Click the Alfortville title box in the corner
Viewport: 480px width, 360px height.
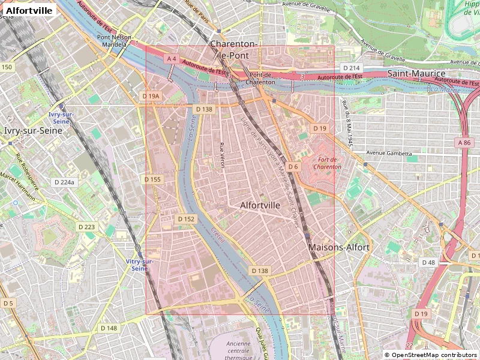coord(30,10)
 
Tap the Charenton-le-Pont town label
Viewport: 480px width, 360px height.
coord(234,50)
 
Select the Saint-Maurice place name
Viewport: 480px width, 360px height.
coord(416,73)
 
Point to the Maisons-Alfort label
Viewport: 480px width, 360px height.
coord(338,247)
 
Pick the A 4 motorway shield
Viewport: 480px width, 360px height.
coord(172,58)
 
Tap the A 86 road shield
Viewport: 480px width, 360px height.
coord(464,142)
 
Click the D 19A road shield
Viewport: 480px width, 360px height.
coord(151,96)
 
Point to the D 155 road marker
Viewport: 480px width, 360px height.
coord(153,179)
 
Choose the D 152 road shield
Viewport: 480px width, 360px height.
coord(187,219)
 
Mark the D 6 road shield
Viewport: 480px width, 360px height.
coord(293,166)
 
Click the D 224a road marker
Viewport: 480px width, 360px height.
coord(64,182)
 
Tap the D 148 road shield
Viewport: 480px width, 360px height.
coord(109,328)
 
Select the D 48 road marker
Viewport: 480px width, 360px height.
coord(428,262)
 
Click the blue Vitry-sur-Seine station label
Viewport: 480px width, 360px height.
coord(140,265)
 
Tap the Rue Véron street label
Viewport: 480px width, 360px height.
coord(222,155)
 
